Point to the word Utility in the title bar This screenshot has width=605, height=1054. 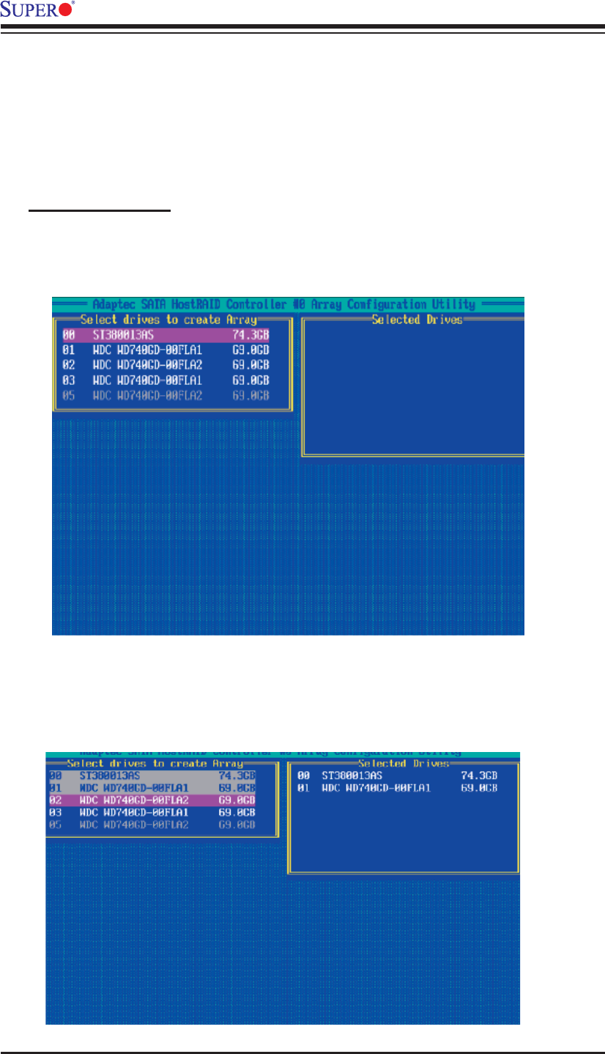tap(452, 304)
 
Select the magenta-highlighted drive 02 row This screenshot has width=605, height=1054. tap(162, 800)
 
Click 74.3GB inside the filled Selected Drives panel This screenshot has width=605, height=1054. tap(479, 775)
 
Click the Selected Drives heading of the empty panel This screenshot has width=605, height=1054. tap(417, 320)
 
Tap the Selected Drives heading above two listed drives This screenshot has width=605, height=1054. tap(403, 764)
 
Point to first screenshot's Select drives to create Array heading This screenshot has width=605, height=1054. tap(168, 320)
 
